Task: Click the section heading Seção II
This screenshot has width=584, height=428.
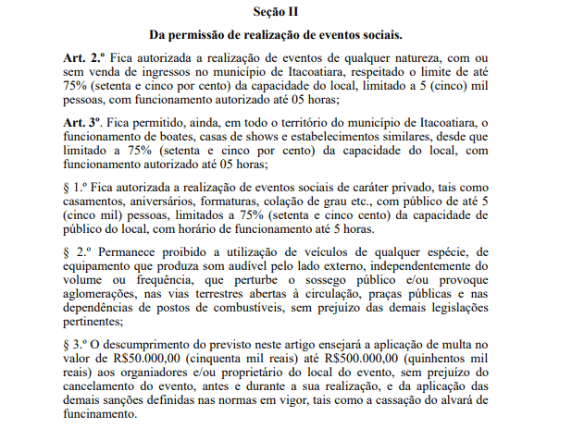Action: tap(278, 12)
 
